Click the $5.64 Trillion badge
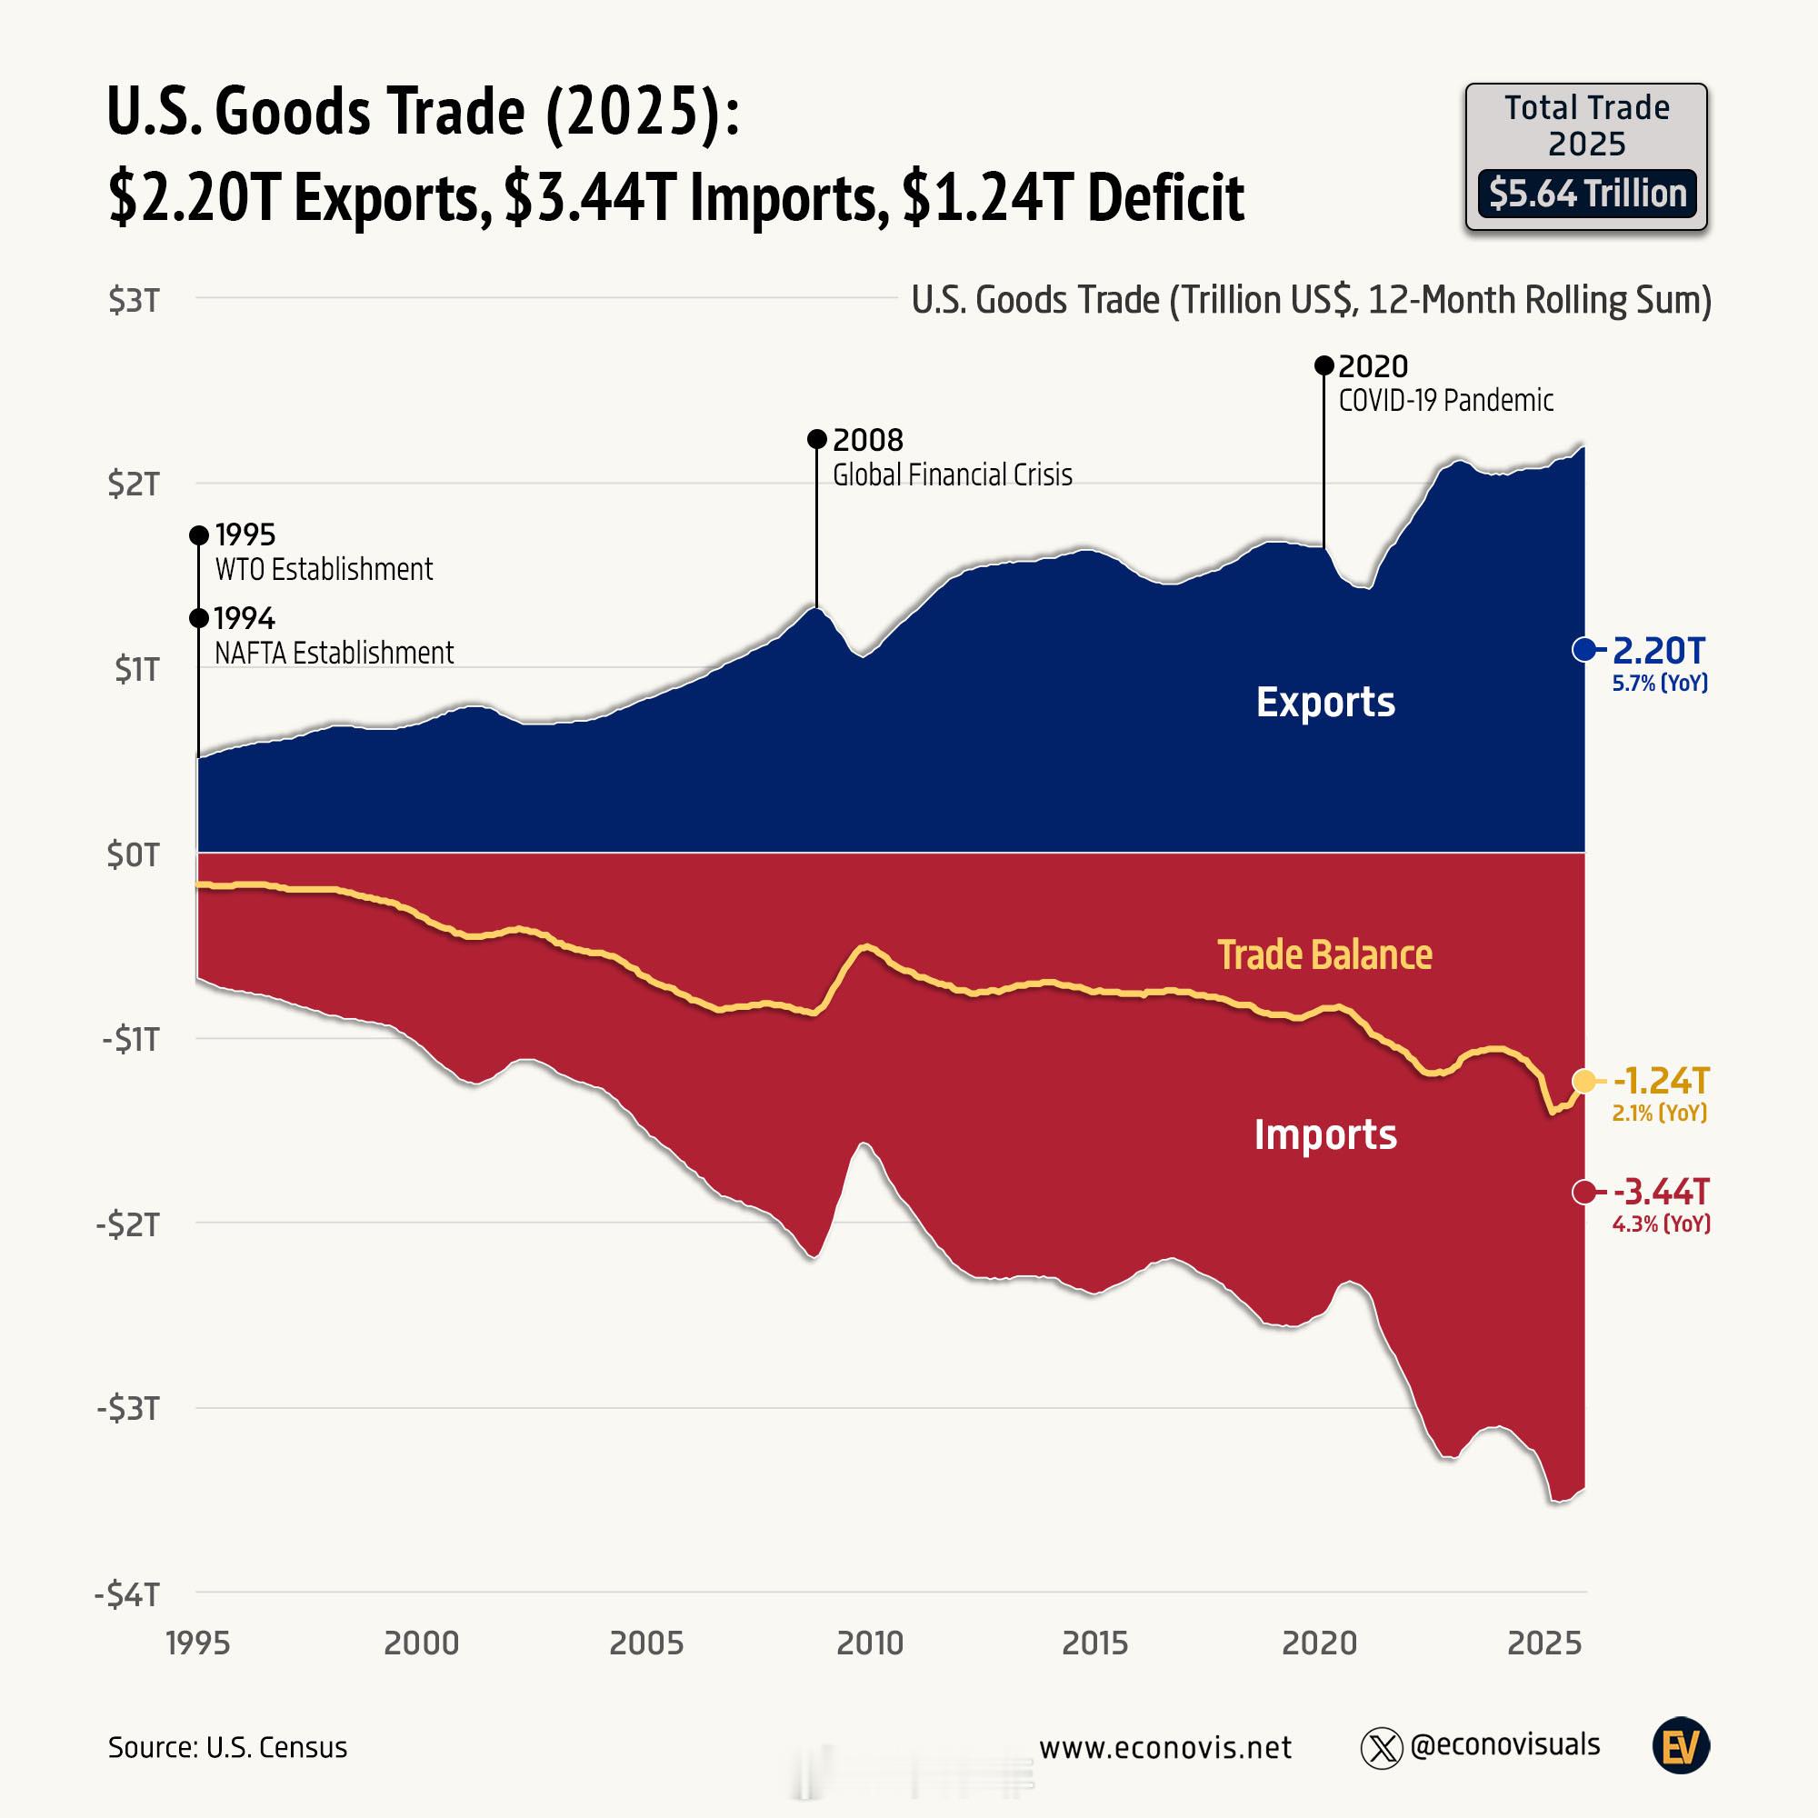tap(1586, 194)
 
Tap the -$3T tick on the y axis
tap(128, 1410)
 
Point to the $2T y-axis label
tap(134, 484)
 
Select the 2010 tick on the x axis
tap(870, 1643)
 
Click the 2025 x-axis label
tap(1544, 1643)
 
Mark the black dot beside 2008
tap(817, 439)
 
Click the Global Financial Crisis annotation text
tap(952, 474)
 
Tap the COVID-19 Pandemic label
tap(1445, 400)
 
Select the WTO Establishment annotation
tap(324, 569)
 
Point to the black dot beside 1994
tap(198, 618)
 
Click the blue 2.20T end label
tap(1659, 650)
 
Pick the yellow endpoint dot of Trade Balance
tap(1584, 1081)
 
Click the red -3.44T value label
tap(1661, 1193)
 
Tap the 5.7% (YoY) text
tap(1660, 684)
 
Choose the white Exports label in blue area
tap(1325, 702)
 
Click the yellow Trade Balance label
tap(1324, 954)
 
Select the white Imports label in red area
tap(1325, 1134)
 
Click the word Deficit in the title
tap(1166, 197)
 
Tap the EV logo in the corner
tap(1682, 1747)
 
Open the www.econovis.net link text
tap(1165, 1747)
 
